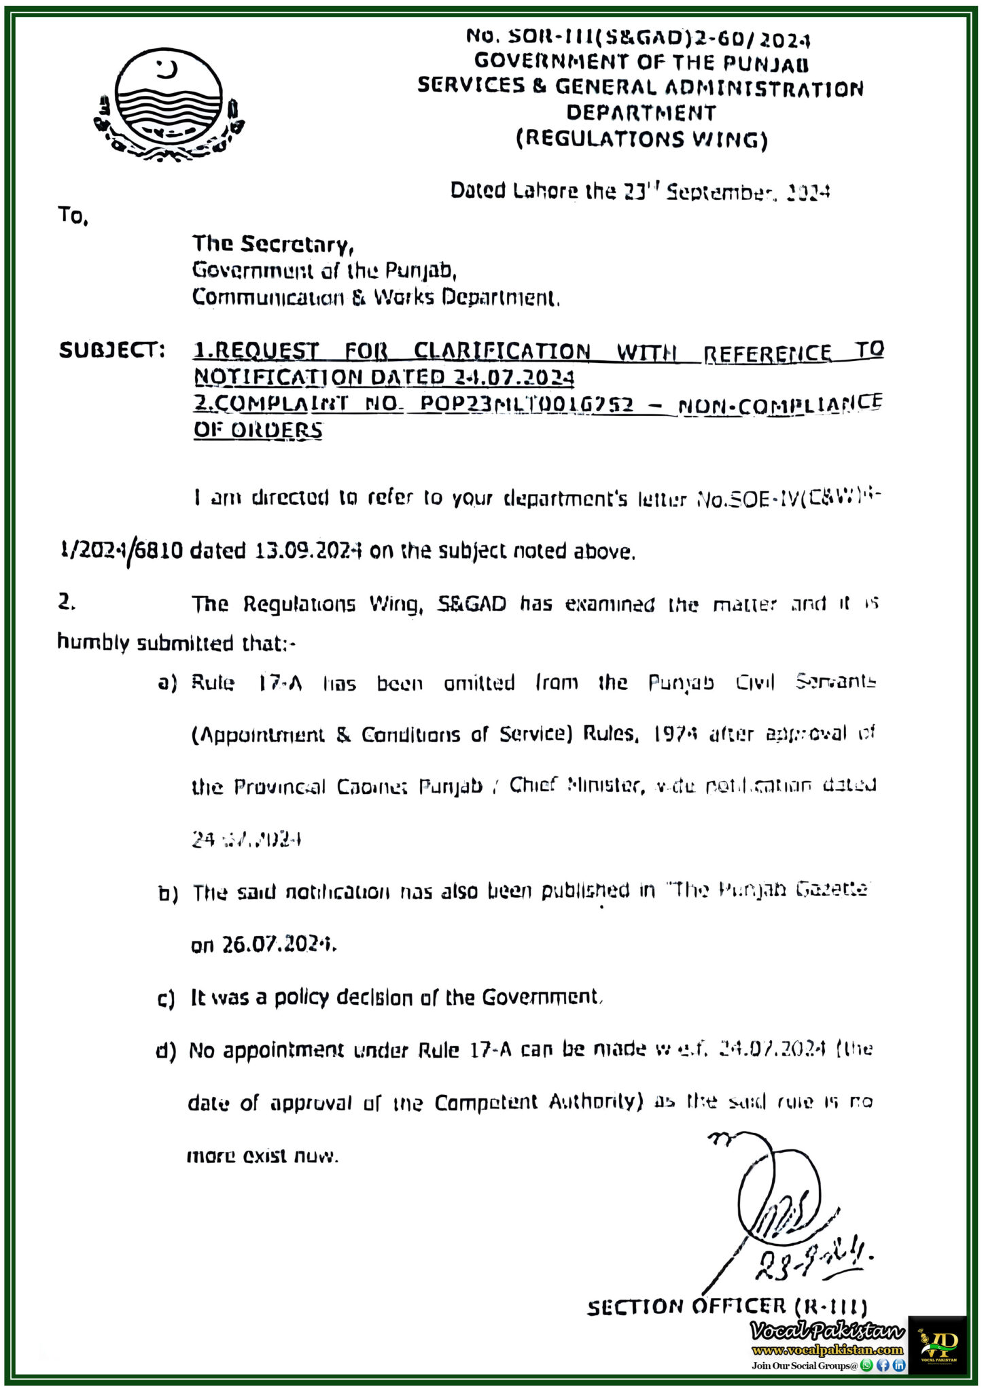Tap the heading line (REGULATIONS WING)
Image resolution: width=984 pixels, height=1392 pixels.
[642, 139]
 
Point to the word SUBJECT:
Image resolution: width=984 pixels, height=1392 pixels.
[112, 351]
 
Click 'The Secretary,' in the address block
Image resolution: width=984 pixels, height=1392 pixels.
[273, 244]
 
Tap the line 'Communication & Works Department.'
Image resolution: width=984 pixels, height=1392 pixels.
[376, 298]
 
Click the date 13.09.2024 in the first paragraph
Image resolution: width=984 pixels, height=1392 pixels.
[308, 551]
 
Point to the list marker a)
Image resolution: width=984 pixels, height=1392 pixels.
[167, 683]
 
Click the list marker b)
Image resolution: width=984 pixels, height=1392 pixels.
[168, 894]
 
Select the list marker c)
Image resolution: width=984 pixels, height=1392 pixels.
[166, 999]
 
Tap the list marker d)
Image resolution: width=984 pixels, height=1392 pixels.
[166, 1051]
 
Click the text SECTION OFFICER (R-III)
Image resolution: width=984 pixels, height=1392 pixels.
[726, 1306]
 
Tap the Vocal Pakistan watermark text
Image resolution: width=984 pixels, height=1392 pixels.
[827, 1331]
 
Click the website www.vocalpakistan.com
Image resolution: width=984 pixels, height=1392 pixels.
[827, 1350]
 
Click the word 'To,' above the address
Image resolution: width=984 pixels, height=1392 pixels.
[73, 216]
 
